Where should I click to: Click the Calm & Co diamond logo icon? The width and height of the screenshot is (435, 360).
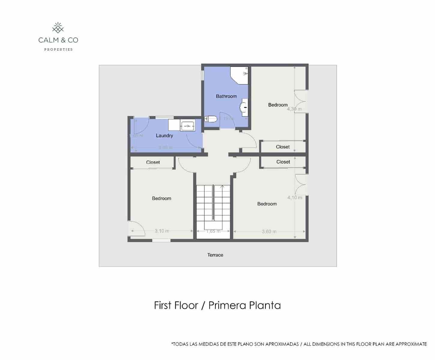58,28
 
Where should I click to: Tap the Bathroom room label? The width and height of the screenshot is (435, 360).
226,96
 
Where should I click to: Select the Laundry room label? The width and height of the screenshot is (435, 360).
165,136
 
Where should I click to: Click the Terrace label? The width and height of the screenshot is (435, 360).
215,255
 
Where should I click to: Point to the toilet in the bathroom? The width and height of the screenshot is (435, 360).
211,119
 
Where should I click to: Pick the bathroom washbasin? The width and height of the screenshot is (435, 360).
244,107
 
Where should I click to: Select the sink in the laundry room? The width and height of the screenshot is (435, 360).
188,126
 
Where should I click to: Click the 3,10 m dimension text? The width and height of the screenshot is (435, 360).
162,231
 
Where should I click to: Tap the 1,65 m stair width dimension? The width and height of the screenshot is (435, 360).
213,231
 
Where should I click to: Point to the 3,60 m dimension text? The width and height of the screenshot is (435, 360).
269,232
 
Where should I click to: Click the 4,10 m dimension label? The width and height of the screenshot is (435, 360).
295,197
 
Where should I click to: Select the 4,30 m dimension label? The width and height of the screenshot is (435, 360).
294,109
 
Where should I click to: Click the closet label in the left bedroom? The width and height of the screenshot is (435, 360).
153,162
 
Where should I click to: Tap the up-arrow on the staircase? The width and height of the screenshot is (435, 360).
222,187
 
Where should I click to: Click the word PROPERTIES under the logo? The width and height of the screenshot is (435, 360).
59,49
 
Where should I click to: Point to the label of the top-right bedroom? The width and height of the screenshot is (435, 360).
278,105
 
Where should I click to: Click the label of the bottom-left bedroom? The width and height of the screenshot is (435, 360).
162,198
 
